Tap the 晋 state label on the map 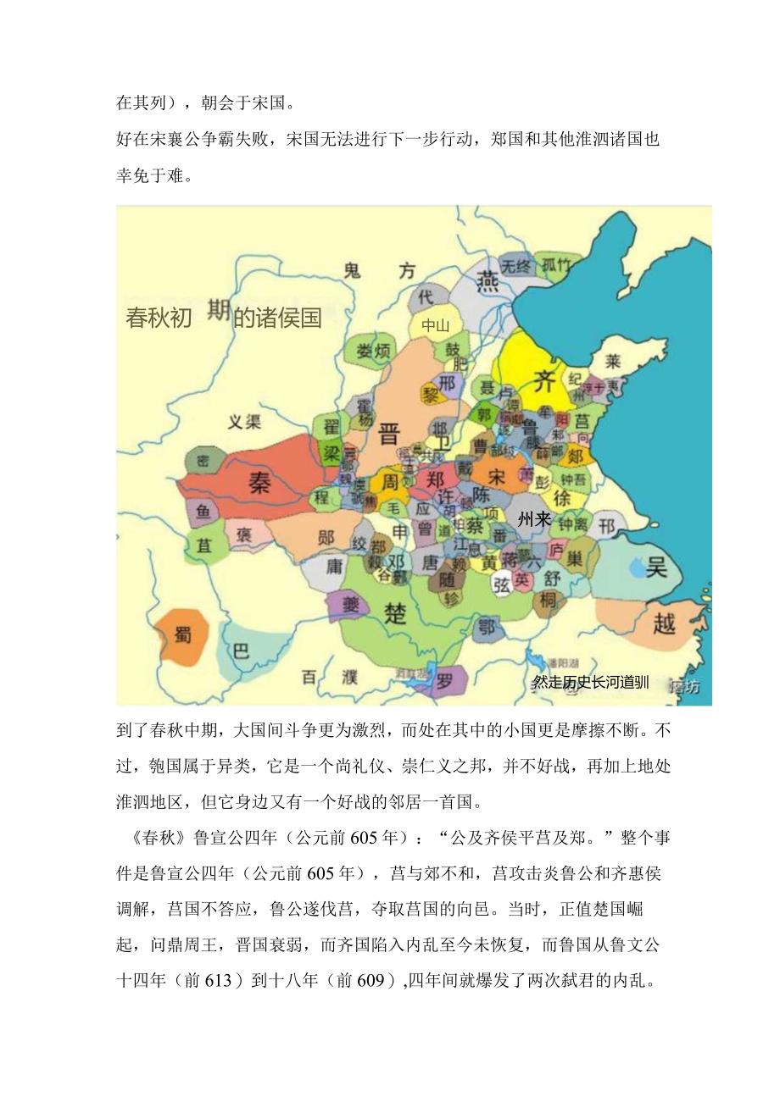[390, 435]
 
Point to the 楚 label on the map [395, 613]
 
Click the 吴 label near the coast [656, 566]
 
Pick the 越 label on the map [665, 624]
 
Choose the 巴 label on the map [241, 651]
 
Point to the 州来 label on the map [535, 520]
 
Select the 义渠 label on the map [245, 422]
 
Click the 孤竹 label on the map [557, 265]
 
